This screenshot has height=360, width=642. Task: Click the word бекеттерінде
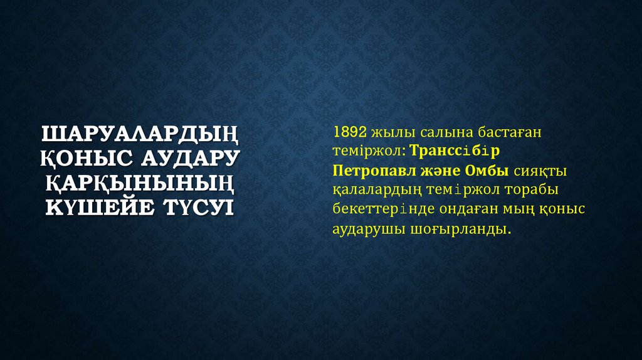(376, 209)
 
